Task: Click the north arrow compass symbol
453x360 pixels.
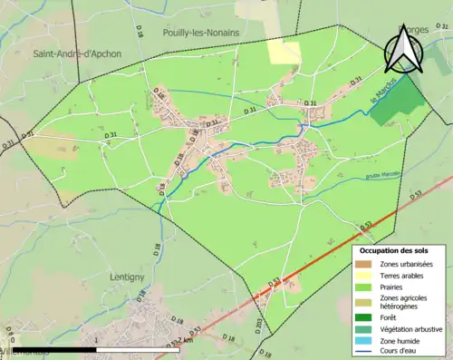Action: (402, 49)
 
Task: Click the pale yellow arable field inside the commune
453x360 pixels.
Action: (284, 52)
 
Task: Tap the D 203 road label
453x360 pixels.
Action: (259, 324)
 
